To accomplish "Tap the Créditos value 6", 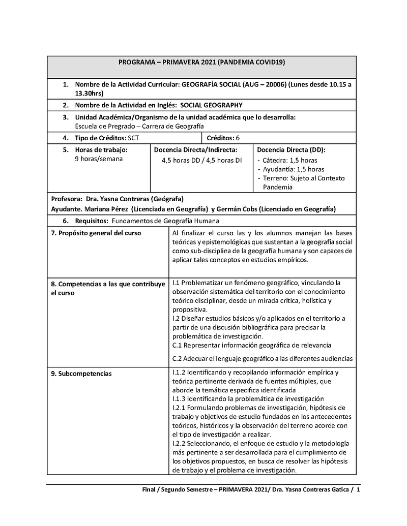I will pyautogui.click(x=238, y=138).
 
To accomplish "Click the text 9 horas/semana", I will pyautogui.click(x=99, y=159).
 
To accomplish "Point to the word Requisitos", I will pyautogui.click(x=91, y=221).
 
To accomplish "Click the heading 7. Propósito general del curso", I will pyautogui.click(x=96, y=233).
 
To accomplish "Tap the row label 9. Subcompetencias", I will pyautogui.click(x=81, y=374).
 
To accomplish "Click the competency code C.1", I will pyautogui.click(x=178, y=345).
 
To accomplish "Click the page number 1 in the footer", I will pyautogui.click(x=358, y=490).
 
